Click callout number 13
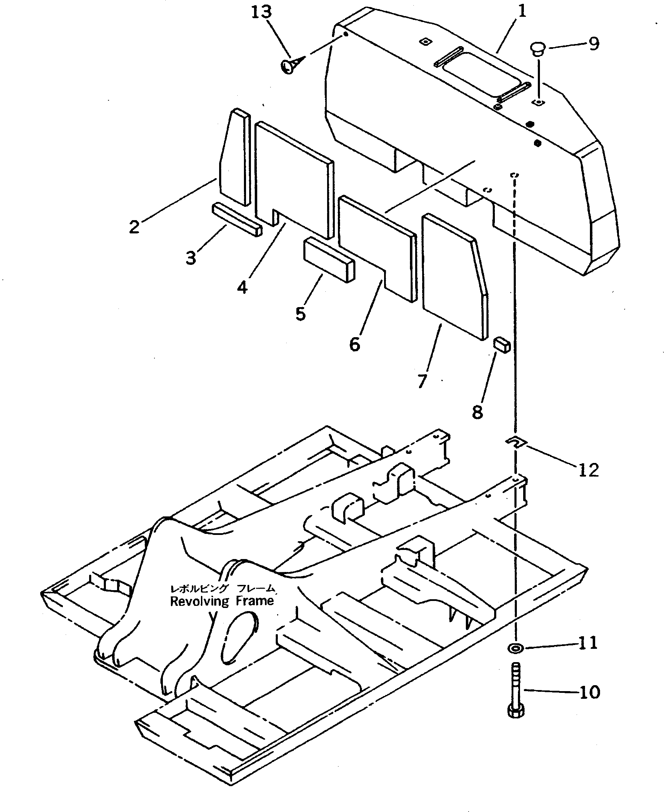[261, 12]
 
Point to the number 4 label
[242, 287]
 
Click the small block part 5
[329, 259]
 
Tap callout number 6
[355, 345]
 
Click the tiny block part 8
[501, 345]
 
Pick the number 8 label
[477, 412]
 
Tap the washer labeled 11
[516, 648]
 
